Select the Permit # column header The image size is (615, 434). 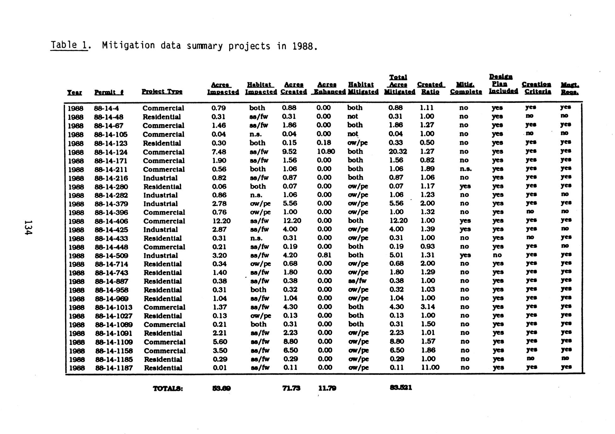pos(109,92)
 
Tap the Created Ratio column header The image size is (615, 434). pos(430,88)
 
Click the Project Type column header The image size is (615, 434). pos(162,92)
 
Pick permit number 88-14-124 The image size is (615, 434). pos(111,152)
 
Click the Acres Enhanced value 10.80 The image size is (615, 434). pos(326,152)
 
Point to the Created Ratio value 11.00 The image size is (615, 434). pos(430,367)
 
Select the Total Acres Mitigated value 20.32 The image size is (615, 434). pos(398,152)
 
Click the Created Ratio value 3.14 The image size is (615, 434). pos(428,307)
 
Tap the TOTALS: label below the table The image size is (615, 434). pos(168,389)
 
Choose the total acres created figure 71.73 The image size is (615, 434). pos(291,388)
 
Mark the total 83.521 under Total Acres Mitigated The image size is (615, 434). pos(401,388)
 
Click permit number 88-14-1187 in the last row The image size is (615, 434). pos(114,368)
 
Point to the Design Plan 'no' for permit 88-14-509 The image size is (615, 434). pos(497,255)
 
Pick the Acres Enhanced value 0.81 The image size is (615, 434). pos(324,255)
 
